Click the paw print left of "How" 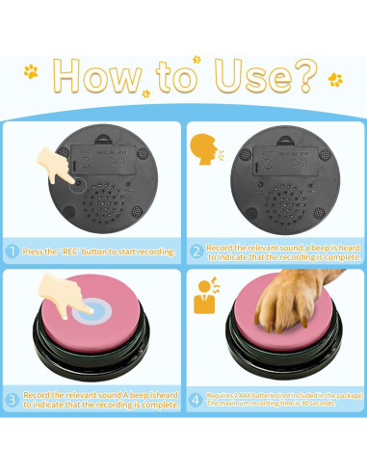32,70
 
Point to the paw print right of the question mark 334,79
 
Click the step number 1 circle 13,251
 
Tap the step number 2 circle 196,251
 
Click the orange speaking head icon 202,149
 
